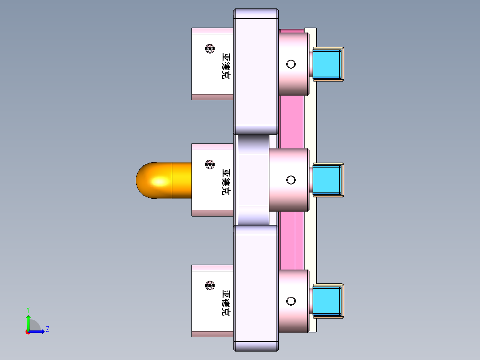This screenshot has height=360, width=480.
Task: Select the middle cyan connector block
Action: pos(327,180)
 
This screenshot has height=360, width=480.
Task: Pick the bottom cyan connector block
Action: pos(327,301)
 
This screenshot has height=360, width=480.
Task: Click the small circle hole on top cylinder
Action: pos(291,64)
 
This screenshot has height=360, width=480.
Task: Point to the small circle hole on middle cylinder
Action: pos(291,180)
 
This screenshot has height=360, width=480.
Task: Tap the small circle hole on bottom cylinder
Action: pos(291,301)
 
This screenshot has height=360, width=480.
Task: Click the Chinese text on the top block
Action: pos(226,66)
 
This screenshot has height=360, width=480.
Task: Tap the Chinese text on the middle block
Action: pos(226,182)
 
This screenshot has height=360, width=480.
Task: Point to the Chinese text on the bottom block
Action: pos(226,303)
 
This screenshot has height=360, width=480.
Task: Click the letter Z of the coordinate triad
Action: pos(47,329)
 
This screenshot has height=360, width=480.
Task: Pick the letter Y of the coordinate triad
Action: pos(28,309)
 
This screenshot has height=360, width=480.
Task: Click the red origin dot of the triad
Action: pos(28,332)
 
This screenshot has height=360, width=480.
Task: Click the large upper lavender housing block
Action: pos(256,71)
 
